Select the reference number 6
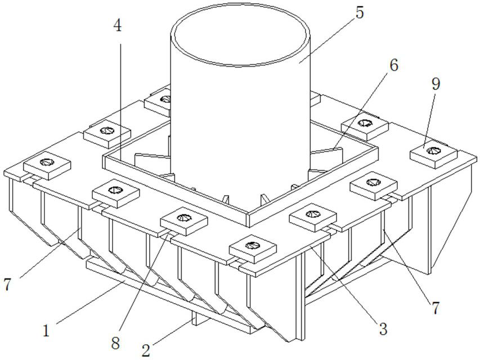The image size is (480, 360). tap(393, 65)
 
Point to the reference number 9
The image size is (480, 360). tap(436, 84)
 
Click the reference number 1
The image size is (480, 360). tap(46, 329)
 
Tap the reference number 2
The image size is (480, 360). tap(146, 350)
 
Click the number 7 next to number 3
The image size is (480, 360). tap(436, 307)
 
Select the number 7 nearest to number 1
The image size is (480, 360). tap(8, 285)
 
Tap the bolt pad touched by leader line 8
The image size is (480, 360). tap(183, 219)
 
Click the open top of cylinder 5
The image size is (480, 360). tap(241, 34)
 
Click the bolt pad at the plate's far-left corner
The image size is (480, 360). tap(47, 164)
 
